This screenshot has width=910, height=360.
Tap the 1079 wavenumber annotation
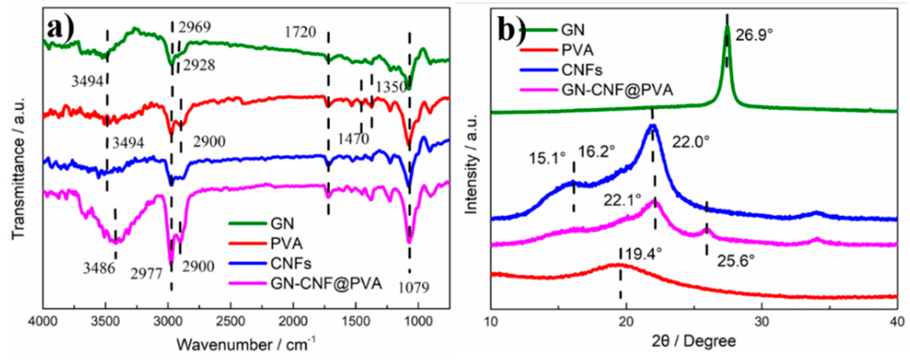(414, 287)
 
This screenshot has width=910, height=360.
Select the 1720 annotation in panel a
(300, 32)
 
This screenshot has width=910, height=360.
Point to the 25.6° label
(736, 261)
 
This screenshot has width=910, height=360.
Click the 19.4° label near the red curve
(643, 254)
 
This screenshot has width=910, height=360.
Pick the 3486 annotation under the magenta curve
(99, 268)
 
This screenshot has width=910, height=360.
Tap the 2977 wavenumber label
(146, 274)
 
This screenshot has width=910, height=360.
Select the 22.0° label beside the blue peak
(690, 142)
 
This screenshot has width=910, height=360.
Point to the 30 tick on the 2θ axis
(762, 323)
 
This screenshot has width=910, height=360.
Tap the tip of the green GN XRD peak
(727, 26)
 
